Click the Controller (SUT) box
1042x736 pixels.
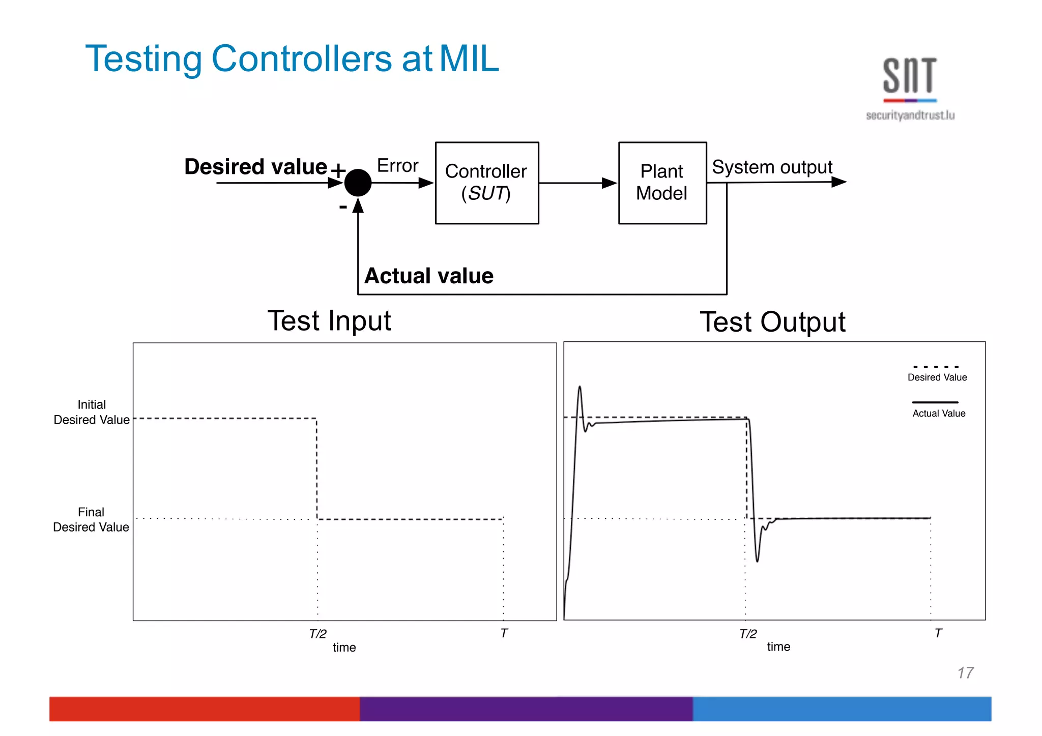[486, 183]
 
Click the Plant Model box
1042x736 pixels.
[662, 183]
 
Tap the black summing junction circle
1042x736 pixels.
[358, 183]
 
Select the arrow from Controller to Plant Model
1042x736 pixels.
[577, 183]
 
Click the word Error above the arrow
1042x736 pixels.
[397, 166]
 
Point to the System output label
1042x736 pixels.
[771, 167]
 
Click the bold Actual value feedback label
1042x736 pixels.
[429, 276]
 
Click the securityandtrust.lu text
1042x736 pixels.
[910, 115]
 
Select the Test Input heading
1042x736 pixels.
[329, 321]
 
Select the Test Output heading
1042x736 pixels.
[772, 322]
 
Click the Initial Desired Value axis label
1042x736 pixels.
[92, 412]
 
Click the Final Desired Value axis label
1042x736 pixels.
[91, 519]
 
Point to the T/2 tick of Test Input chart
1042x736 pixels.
[318, 633]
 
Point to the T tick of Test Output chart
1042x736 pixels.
[938, 633]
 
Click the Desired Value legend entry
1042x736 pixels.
[937, 377]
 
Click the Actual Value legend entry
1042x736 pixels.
[938, 413]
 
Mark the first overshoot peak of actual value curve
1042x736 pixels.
[580, 388]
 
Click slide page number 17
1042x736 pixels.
[965, 673]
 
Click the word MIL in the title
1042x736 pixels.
[469, 58]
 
